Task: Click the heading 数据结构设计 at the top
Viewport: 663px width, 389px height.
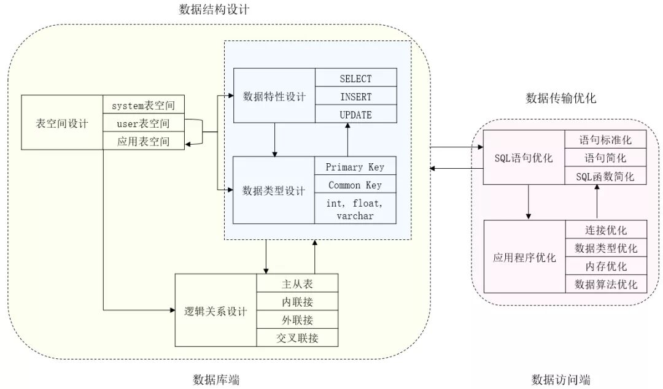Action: (x=215, y=10)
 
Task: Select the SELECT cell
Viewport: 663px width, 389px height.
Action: (x=355, y=79)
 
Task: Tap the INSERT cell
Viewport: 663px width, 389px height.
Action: (x=355, y=96)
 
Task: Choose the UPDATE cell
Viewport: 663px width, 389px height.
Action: (x=355, y=114)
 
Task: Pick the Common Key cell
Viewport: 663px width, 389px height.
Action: (x=354, y=185)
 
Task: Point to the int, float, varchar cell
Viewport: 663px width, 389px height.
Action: (x=354, y=209)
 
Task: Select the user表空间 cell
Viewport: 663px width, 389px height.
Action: (x=143, y=123)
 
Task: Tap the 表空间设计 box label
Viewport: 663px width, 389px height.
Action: (x=62, y=123)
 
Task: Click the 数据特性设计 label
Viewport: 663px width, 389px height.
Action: (x=274, y=96)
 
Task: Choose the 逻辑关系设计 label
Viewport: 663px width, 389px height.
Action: (x=216, y=311)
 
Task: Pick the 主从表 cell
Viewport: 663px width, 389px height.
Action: (x=297, y=284)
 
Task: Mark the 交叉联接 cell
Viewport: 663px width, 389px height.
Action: (x=297, y=337)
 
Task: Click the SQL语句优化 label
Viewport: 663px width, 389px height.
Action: (x=524, y=158)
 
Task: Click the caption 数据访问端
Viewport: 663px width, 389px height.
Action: (x=561, y=379)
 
